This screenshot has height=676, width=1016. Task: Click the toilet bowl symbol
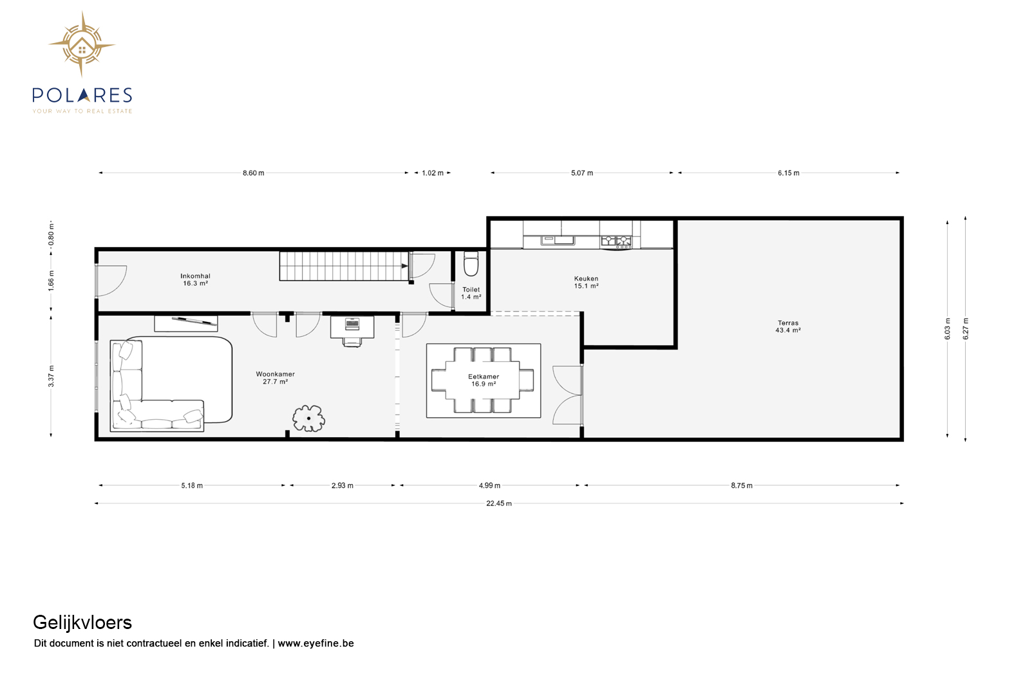pos(471,263)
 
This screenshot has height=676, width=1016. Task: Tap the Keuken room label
pos(586,282)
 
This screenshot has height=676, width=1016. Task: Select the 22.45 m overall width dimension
pos(499,503)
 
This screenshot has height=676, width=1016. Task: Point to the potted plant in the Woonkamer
pos(308,418)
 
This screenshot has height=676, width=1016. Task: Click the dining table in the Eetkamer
pos(483,380)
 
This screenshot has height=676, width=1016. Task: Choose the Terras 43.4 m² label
pos(788,326)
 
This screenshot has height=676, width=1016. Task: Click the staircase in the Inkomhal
pos(344,266)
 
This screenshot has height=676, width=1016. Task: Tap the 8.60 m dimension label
pos(253,173)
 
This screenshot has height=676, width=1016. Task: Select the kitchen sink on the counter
pos(558,240)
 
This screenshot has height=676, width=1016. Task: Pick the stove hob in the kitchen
pos(616,241)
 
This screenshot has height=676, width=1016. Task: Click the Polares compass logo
pos(82,44)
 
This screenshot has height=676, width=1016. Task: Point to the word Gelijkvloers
pos(82,623)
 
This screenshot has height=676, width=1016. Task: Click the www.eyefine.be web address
pos(315,643)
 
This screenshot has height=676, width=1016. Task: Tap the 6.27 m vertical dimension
pos(966,328)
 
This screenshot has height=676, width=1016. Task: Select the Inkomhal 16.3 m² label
pos(196,279)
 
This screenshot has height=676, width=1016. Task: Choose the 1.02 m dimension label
pos(433,173)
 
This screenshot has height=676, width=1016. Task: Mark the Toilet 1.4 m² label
pos(471,293)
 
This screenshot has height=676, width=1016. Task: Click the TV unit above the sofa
pos(186,323)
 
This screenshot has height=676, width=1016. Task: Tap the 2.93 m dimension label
pos(342,485)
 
